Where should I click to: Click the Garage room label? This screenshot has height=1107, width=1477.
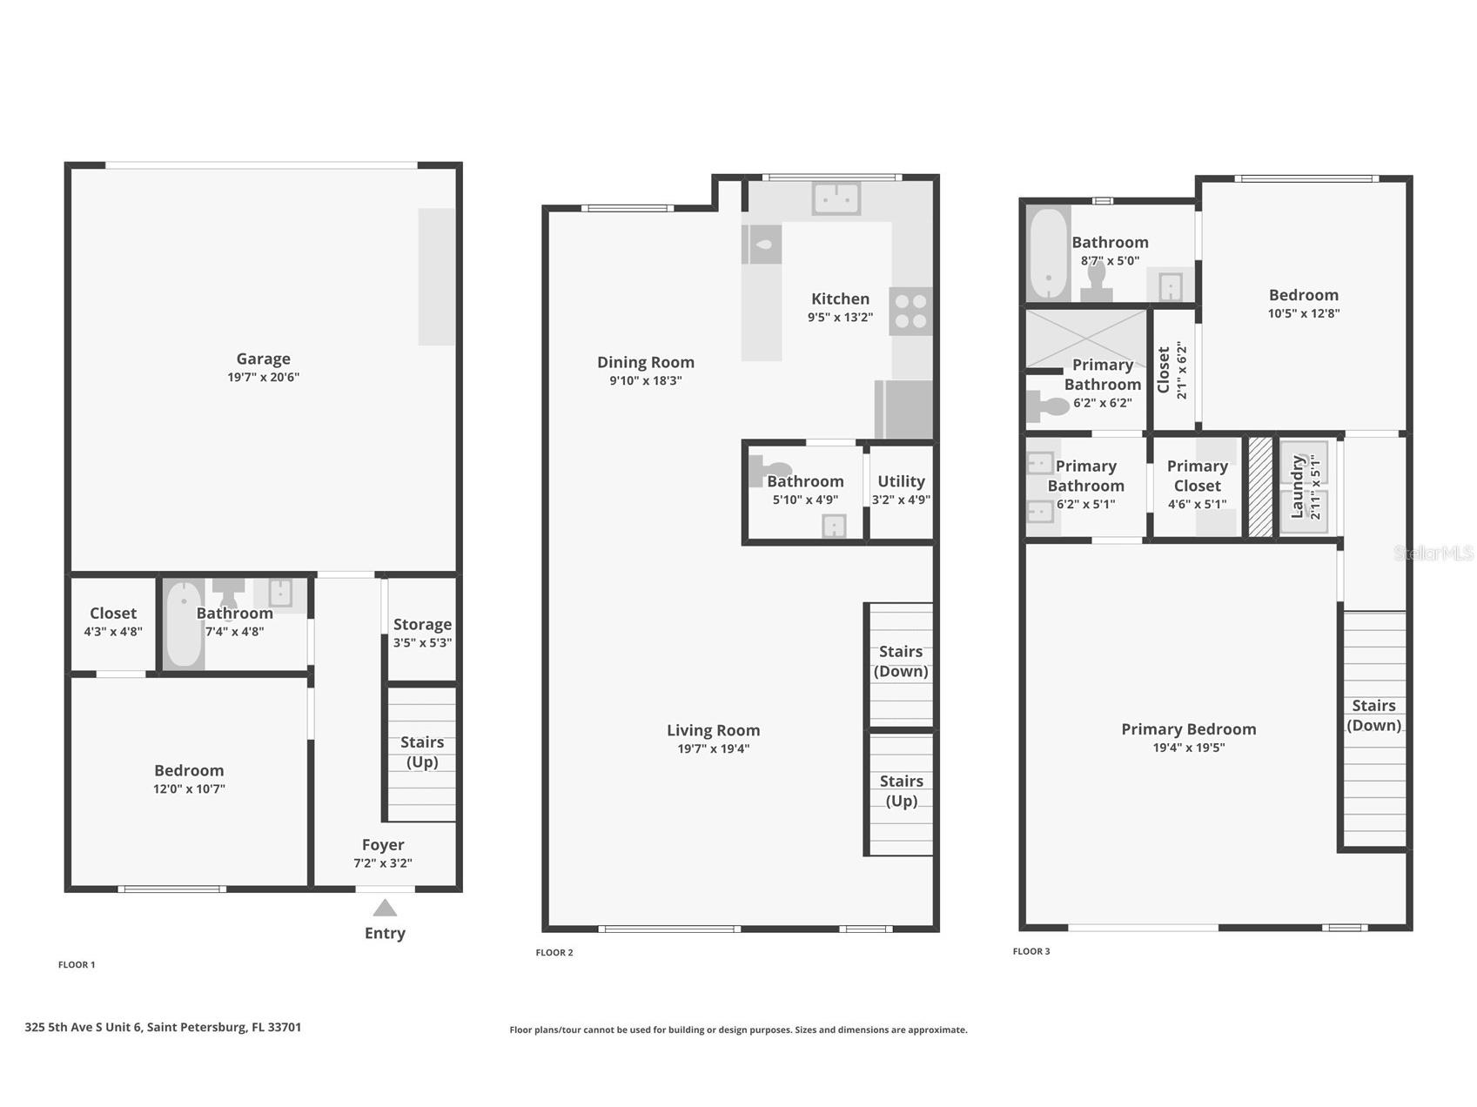coord(263,359)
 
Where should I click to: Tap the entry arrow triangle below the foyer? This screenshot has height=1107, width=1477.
coord(385,909)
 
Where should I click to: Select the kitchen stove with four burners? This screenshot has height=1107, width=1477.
coord(910,312)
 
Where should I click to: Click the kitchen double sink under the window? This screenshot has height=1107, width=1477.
coord(836,198)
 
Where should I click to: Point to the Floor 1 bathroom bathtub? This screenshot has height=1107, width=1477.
coord(184,624)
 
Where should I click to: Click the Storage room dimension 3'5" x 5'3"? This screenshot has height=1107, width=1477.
coord(422,643)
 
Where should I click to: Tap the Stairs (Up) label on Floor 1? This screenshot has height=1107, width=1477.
coord(422,752)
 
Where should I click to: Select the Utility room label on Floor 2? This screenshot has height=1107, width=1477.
coord(901,481)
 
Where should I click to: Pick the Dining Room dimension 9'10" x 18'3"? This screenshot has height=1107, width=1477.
coord(645,381)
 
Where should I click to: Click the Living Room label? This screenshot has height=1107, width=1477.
coord(713,730)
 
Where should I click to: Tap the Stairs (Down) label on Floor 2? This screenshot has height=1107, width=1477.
coord(901,661)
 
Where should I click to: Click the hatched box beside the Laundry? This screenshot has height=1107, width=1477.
coord(1260,486)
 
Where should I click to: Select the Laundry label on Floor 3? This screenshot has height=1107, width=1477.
coord(1298,486)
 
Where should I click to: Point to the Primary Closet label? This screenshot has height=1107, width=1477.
coord(1197,476)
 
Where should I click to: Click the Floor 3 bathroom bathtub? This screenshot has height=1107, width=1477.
coord(1048,253)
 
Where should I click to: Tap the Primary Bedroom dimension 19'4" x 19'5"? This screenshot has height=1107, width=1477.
coord(1188,748)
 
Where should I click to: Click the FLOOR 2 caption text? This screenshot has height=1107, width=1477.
coord(554,952)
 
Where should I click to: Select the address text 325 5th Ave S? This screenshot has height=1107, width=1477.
coord(163,1027)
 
